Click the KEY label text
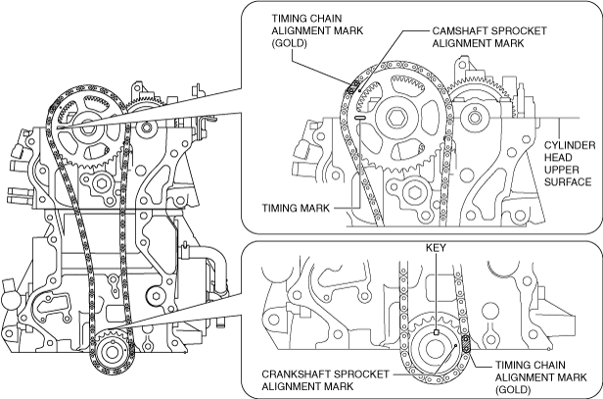click(x=436, y=248)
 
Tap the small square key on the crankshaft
click(x=437, y=332)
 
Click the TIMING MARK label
click(x=296, y=208)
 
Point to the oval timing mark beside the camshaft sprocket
click(x=360, y=119)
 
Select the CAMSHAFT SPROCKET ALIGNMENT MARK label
click(x=489, y=37)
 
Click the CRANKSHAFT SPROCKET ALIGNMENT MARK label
click(x=325, y=379)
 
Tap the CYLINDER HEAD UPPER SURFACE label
click(x=570, y=164)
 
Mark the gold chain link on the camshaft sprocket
click(x=351, y=88)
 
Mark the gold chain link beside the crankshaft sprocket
click(x=465, y=344)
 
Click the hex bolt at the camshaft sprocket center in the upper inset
click(x=395, y=117)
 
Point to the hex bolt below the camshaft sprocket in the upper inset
click(x=414, y=192)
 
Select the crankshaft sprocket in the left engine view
click(x=112, y=351)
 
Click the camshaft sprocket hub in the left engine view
click(x=87, y=130)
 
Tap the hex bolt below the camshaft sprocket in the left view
click(x=102, y=183)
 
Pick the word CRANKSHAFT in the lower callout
click(x=296, y=374)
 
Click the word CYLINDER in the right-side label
click(x=570, y=145)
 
